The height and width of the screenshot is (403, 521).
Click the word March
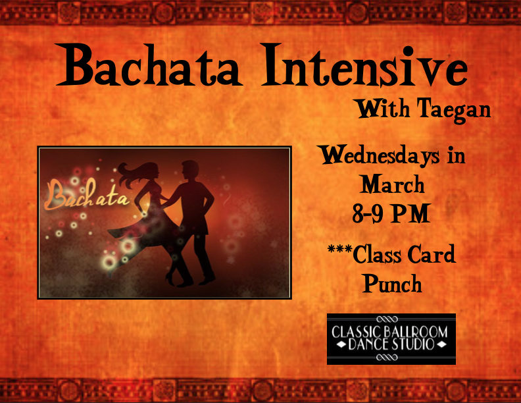[x=392, y=184]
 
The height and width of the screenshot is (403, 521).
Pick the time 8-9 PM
[x=391, y=213]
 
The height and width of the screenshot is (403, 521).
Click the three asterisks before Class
[x=339, y=252]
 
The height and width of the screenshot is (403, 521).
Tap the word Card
[x=431, y=254]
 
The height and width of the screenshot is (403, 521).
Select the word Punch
[x=392, y=284]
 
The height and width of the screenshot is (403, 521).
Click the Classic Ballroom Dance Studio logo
[x=391, y=338]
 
